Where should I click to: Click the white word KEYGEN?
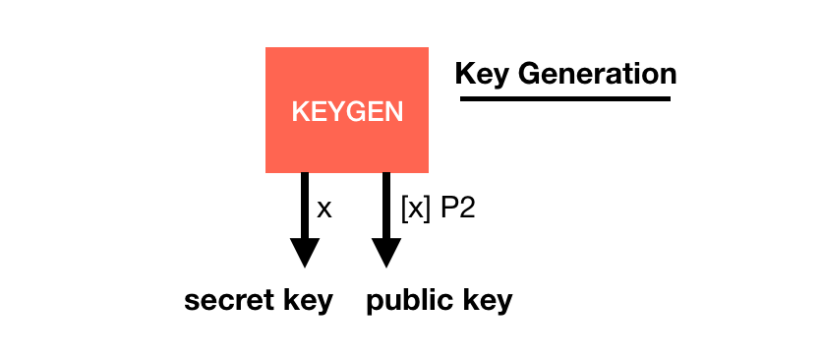click(347, 111)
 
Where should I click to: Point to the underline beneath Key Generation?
click(564, 97)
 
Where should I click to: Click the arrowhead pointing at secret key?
click(305, 253)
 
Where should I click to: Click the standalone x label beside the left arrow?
click(324, 209)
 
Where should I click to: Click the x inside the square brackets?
click(415, 210)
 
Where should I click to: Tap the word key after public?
click(488, 301)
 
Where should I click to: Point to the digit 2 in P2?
click(467, 209)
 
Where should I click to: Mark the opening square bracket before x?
click(404, 210)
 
